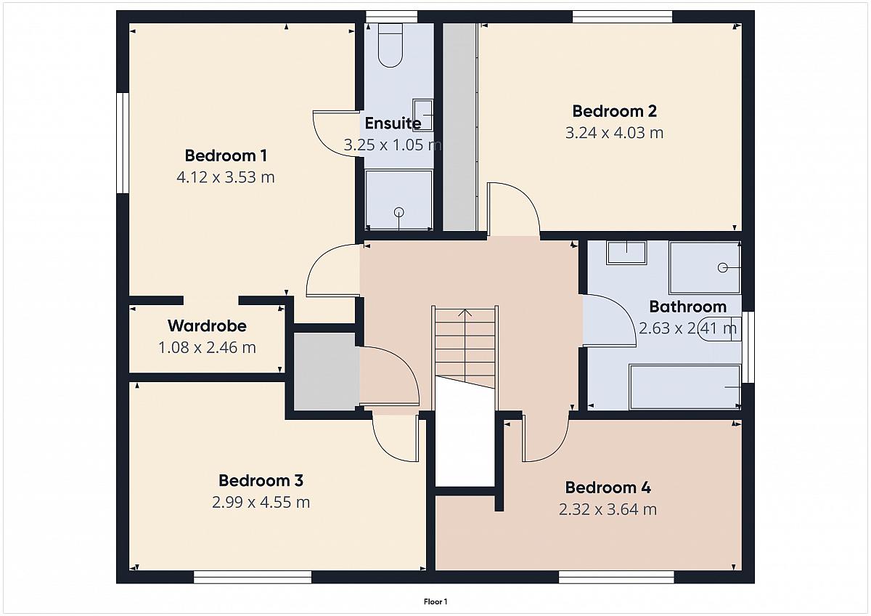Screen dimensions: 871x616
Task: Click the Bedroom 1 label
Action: point(226,155)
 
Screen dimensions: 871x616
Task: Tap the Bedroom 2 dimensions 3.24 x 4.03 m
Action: point(614,133)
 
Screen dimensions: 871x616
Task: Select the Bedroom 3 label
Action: point(261,481)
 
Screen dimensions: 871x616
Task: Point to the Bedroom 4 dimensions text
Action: point(608,509)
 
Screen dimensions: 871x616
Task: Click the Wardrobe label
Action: point(207,326)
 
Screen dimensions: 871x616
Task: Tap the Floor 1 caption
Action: point(435,601)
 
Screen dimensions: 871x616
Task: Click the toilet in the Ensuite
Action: point(390,45)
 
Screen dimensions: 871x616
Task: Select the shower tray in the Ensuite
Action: point(399,200)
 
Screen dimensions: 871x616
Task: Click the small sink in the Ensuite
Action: point(422,115)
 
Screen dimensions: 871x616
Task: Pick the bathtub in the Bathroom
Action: point(684,386)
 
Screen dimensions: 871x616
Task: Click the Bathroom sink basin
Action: point(626,253)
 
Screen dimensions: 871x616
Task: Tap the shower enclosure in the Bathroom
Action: point(705,267)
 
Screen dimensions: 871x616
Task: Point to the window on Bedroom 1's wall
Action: point(123,143)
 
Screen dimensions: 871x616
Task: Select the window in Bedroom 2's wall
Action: point(622,17)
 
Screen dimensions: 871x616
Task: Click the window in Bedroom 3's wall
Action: point(253,577)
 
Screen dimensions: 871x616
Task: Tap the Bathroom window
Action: point(748,347)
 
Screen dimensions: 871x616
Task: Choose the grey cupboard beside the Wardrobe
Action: point(326,372)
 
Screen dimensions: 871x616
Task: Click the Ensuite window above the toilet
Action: point(391,17)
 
